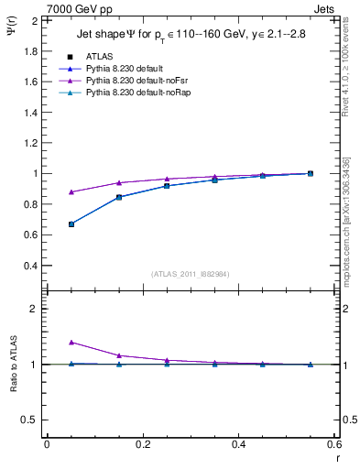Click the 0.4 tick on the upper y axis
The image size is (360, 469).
(x=31, y=266)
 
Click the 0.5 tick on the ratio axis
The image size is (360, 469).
(x=31, y=420)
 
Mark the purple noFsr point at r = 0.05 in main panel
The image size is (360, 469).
(x=71, y=192)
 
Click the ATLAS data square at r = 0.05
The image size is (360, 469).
(x=71, y=224)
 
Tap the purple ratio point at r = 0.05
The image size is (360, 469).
(x=71, y=342)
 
